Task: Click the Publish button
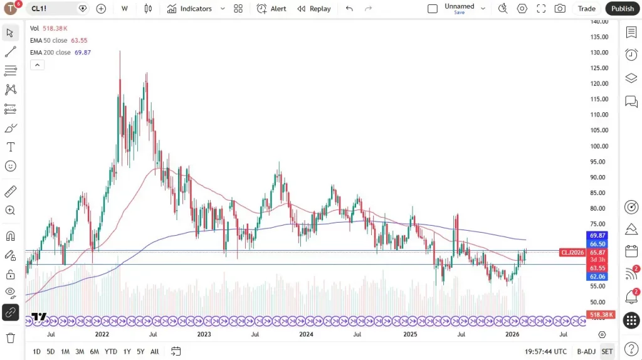pos(622,9)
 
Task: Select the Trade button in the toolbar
pos(587,9)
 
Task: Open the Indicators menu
pos(189,9)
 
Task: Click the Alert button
pos(271,9)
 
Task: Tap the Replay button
pos(314,9)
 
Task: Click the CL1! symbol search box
pos(53,9)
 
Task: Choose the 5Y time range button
pos(140,351)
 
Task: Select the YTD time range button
pos(111,351)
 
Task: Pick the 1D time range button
pos(36,351)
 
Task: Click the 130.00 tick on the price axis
pos(600,53)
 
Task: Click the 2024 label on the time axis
pos(306,334)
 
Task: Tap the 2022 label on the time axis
pos(102,334)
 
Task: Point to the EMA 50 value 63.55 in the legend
pos(78,40)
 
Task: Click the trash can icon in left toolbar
pos(11,338)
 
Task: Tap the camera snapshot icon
pos(559,9)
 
